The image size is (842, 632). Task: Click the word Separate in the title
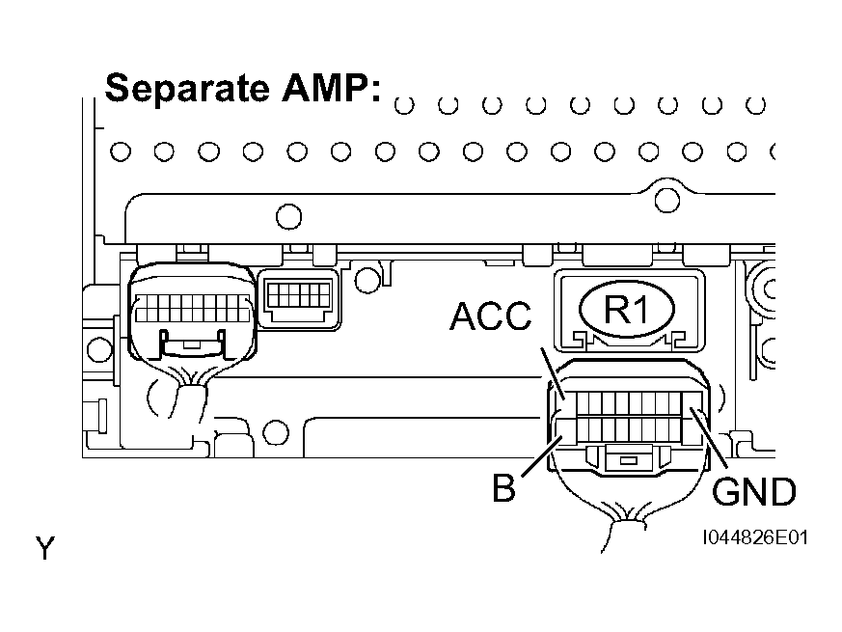click(x=187, y=88)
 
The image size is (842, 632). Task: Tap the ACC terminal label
click(x=490, y=316)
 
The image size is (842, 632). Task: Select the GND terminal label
click(x=753, y=491)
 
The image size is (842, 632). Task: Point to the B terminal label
click(x=503, y=488)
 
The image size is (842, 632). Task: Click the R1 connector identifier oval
click(x=627, y=309)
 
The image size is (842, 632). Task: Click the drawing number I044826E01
click(x=755, y=537)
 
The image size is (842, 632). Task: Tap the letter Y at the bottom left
click(x=45, y=549)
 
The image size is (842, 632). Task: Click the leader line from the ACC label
click(x=552, y=373)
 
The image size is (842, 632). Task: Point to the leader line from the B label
click(x=541, y=456)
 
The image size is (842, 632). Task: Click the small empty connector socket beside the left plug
click(x=299, y=299)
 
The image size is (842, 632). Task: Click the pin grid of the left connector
click(x=193, y=308)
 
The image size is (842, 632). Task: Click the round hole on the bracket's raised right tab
click(x=666, y=201)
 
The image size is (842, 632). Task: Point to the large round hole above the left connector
click(x=289, y=217)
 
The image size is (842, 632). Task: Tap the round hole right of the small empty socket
click(x=367, y=280)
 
